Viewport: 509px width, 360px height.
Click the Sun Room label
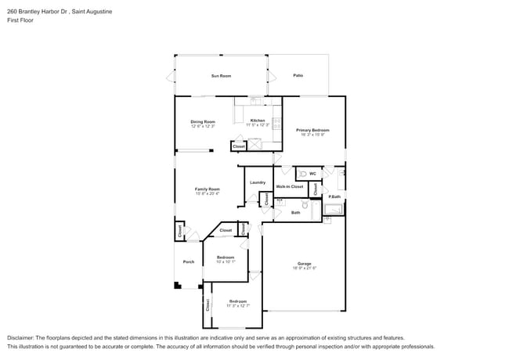[221, 76]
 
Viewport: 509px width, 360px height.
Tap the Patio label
[298, 75]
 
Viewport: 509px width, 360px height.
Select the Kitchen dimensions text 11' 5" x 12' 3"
[258, 125]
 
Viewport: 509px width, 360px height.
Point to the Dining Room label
[203, 121]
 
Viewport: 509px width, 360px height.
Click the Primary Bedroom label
[312, 129]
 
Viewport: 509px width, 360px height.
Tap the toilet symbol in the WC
[302, 173]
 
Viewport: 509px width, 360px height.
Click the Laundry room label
[258, 182]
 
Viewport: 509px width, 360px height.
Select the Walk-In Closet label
[289, 186]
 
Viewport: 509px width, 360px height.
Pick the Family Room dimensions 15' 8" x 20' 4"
[208, 193]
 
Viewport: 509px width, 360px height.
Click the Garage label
[305, 263]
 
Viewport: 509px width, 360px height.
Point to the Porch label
[188, 261]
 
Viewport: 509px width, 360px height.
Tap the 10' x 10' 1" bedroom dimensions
[226, 261]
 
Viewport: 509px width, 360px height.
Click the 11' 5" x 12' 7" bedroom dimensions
[238, 305]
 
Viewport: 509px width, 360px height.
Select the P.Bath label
[334, 196]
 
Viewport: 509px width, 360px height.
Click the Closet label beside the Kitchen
[239, 146]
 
